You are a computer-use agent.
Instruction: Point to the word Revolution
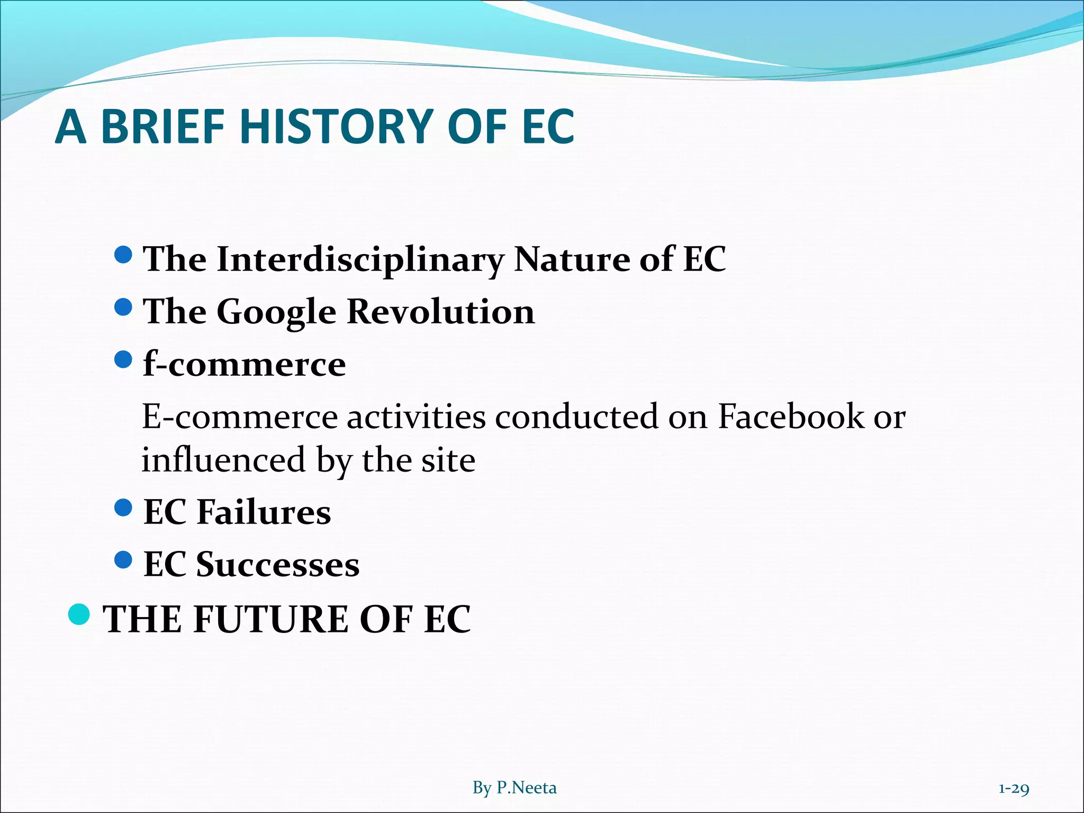(440, 311)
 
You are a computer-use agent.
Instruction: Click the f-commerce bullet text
(245, 364)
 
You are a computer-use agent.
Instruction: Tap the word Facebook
(791, 417)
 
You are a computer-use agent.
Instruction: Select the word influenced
(224, 459)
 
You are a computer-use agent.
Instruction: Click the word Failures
(264, 512)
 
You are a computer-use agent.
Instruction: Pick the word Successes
(278, 564)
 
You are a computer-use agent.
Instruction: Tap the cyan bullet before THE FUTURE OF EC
(79, 614)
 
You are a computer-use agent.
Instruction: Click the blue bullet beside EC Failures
(123, 508)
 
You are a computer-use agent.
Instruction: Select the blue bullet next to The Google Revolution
(123, 307)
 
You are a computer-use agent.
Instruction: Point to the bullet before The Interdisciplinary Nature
(123, 255)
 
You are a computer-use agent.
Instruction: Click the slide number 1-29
(1013, 789)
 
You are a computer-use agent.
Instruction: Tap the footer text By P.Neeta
(514, 788)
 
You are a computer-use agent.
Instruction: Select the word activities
(416, 417)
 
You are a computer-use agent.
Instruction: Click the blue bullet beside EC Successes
(123, 559)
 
